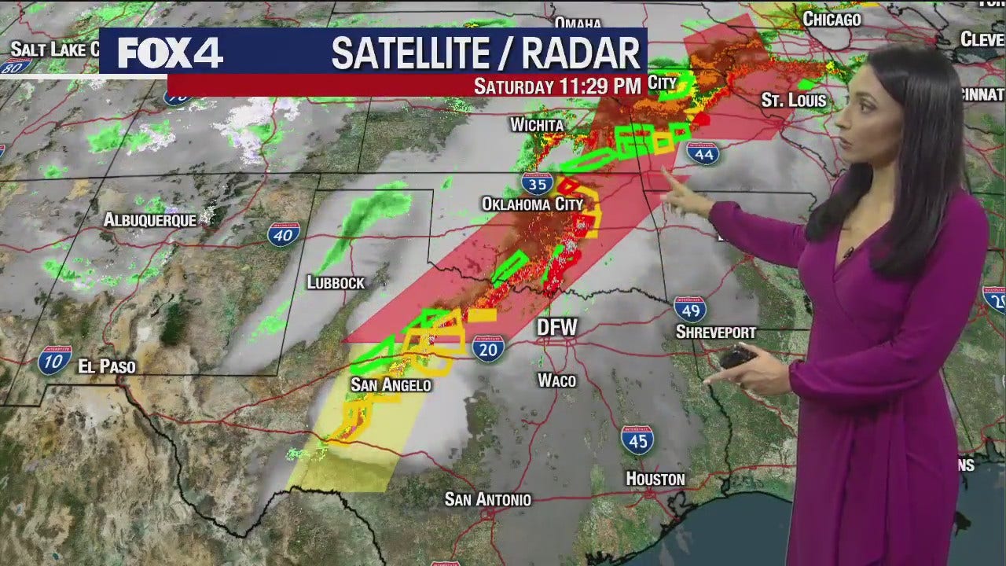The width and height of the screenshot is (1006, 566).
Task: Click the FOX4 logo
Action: click(x=170, y=53)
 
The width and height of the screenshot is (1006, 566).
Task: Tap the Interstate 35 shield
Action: click(x=536, y=184)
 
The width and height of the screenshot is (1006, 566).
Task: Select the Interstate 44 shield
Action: click(x=703, y=153)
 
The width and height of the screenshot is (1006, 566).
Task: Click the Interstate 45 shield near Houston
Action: click(x=637, y=440)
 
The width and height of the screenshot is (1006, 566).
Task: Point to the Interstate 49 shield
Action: click(x=689, y=309)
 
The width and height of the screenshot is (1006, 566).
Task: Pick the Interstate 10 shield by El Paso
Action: click(x=54, y=359)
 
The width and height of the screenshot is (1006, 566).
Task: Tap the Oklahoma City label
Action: click(x=532, y=204)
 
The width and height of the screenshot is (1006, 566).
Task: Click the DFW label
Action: click(x=556, y=327)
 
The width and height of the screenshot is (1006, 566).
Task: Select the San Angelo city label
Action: click(x=391, y=384)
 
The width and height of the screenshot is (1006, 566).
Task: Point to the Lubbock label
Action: click(x=336, y=282)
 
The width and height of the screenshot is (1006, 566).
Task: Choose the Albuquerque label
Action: click(x=149, y=220)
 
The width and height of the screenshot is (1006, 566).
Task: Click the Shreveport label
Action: click(x=715, y=333)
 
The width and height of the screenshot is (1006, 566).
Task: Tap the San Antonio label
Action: click(x=487, y=499)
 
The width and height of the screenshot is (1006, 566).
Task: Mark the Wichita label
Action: click(x=537, y=125)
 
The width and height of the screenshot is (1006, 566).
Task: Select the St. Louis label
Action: click(x=794, y=101)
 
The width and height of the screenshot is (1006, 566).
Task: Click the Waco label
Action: click(x=556, y=380)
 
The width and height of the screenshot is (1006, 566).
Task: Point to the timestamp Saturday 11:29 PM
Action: click(x=557, y=86)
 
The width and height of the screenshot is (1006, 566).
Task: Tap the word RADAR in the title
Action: click(x=582, y=53)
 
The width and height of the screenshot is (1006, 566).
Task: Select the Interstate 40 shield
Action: click(x=283, y=234)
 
